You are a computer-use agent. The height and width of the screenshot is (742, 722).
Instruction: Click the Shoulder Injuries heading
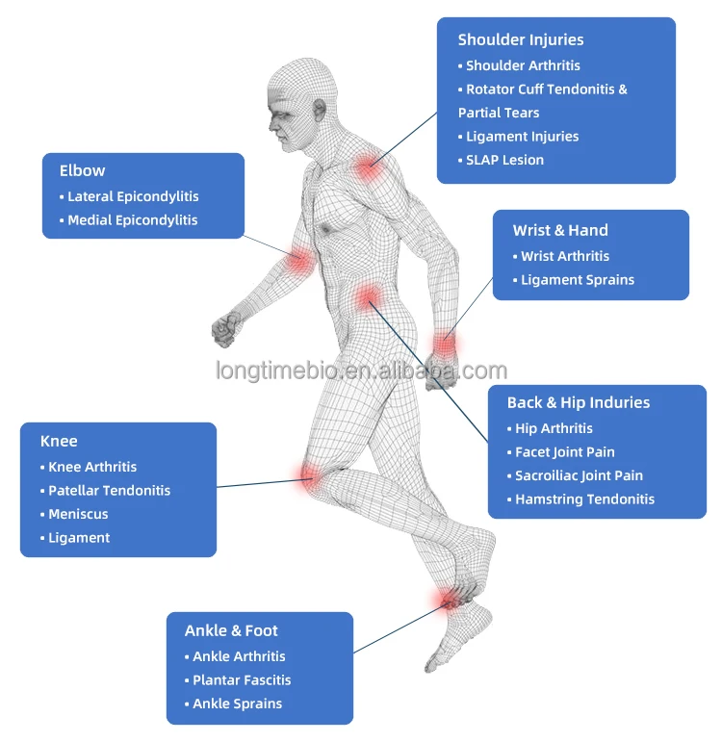point(521,39)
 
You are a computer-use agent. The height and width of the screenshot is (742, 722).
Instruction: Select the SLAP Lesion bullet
point(504,160)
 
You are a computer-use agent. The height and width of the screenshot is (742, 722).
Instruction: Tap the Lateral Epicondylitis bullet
point(133,196)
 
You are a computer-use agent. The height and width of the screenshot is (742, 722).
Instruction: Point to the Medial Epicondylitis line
point(132,220)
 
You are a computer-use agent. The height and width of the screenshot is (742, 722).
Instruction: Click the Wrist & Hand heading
point(560,230)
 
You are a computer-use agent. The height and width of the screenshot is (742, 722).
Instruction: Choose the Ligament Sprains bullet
point(578,280)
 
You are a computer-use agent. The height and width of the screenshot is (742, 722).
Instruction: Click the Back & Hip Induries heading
point(579,402)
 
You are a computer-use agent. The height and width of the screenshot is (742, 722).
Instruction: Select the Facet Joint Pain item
point(564,452)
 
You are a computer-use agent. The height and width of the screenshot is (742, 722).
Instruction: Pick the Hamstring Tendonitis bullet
point(584,499)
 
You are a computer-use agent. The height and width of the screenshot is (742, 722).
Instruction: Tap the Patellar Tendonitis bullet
point(109,491)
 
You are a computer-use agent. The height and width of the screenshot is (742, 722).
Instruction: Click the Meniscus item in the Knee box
point(78,514)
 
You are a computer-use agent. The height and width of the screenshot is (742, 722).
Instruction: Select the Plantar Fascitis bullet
point(242,680)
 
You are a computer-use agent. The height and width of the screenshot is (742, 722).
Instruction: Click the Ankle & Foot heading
point(231,631)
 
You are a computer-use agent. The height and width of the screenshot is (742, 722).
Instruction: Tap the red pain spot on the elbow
point(300,258)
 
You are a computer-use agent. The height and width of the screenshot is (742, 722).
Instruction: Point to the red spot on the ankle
point(449,601)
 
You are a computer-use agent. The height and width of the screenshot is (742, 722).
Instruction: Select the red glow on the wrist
point(444,344)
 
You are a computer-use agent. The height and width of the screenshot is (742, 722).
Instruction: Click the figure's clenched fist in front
point(224,329)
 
